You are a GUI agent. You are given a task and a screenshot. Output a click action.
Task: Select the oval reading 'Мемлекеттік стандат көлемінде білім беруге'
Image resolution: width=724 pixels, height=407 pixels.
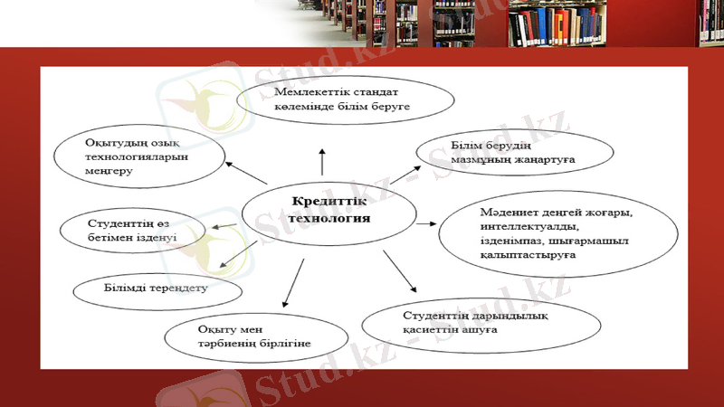coord(345,99)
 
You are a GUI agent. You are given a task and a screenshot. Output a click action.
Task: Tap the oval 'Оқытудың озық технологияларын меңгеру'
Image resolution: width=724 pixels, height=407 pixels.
coord(136,157)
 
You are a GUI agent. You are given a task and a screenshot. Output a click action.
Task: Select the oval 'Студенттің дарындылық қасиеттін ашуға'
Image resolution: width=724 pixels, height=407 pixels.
coord(462,323)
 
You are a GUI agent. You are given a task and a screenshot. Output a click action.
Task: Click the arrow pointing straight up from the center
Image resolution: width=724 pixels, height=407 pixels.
coord(320,161)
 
